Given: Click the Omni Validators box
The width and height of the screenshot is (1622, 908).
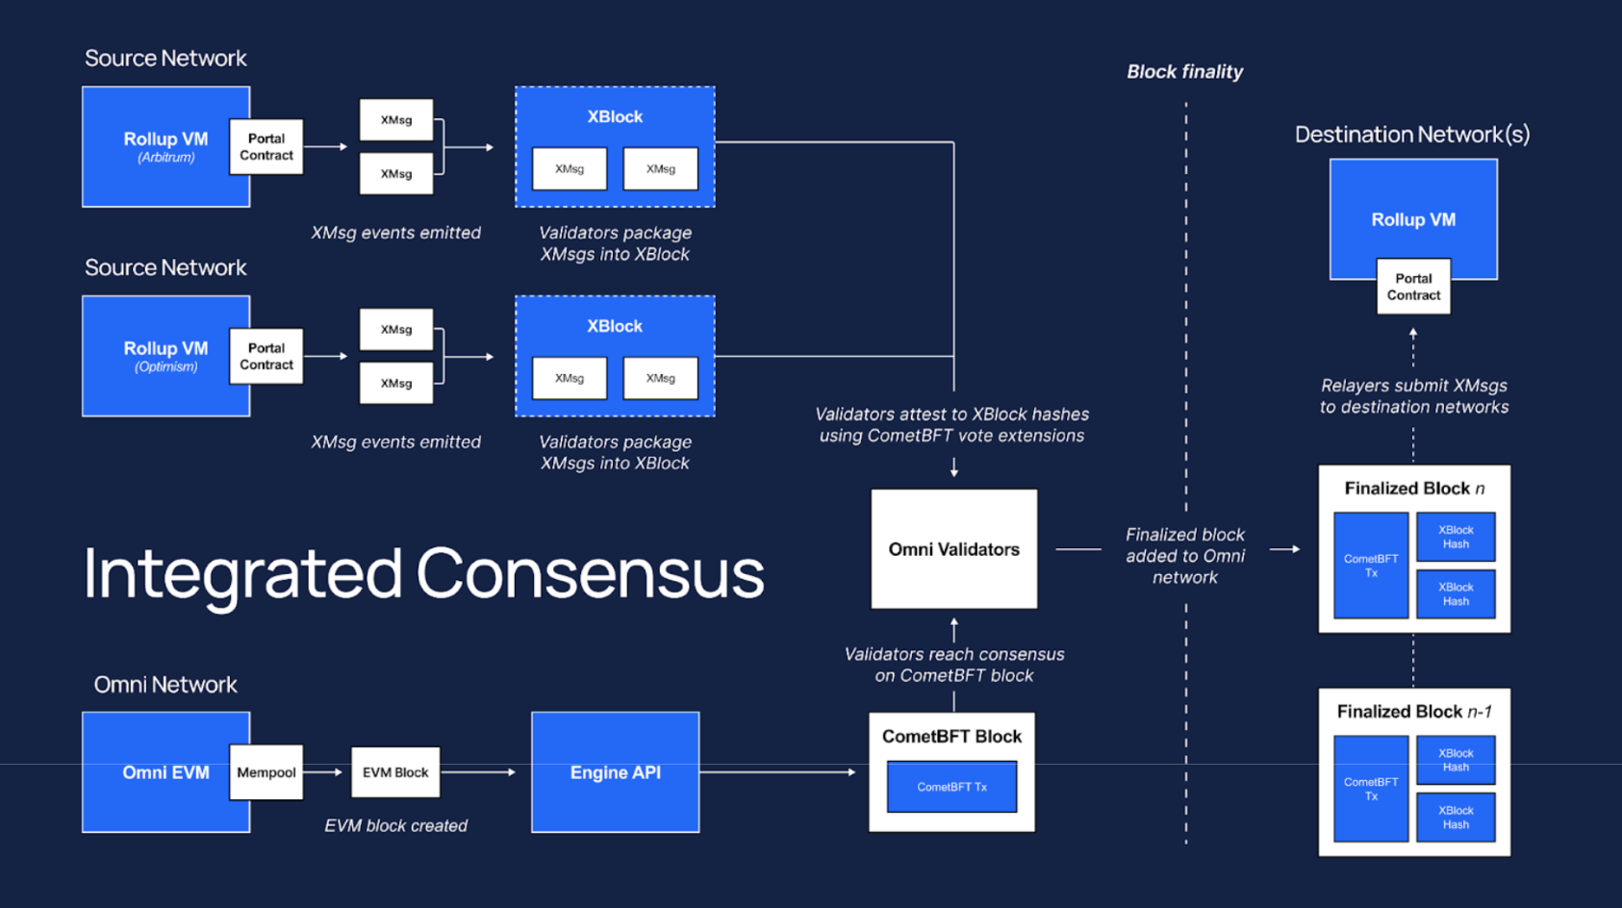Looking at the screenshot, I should pos(953,549).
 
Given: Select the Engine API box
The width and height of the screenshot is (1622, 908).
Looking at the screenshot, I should pos(615,772).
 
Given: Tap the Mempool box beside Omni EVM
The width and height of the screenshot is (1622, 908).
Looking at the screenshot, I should pos(266,772).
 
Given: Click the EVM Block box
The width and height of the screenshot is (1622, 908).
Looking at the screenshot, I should pos(395,772).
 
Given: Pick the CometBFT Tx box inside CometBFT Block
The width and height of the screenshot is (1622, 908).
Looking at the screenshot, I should pos(951,787).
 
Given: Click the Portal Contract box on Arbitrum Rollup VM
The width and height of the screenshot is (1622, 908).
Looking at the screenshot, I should pos(266,147).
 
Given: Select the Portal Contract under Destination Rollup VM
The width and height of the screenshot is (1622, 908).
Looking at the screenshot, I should pos(1412,287).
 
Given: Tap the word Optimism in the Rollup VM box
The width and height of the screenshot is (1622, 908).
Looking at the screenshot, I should pos(165,367).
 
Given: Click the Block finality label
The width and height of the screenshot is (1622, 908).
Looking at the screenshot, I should pos(1184,72).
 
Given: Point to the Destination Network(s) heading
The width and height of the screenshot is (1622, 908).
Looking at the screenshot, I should pos(1411,135).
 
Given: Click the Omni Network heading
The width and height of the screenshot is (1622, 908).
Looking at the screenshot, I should pos(165,685).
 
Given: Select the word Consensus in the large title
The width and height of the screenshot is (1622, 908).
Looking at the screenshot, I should pos(590,573).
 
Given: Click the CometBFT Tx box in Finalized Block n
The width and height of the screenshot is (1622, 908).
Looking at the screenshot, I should pos(1370,566).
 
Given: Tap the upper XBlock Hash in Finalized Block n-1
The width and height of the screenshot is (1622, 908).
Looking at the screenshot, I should pos(1455,760).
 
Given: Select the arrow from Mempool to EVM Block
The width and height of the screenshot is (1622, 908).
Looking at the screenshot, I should pos(324,772).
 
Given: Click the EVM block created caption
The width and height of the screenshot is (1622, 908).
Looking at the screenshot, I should pos(395,826).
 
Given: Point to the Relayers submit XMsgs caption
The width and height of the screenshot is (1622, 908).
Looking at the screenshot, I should pos(1413,396).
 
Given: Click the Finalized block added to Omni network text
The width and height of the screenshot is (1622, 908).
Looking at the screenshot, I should pos(1184,556).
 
